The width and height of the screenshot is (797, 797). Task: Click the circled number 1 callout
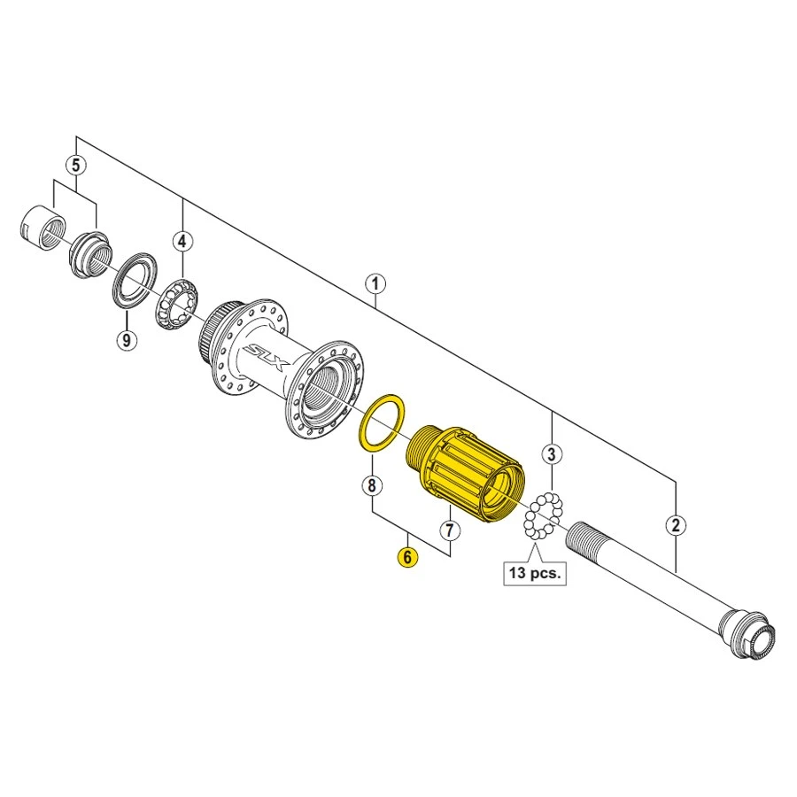pyautogui.click(x=375, y=284)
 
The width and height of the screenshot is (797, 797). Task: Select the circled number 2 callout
pyautogui.click(x=676, y=526)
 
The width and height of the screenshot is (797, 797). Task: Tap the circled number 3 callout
pyautogui.click(x=552, y=456)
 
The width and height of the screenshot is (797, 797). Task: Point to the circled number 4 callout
pyautogui.click(x=182, y=240)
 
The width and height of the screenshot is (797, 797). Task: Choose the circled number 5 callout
pyautogui.click(x=77, y=165)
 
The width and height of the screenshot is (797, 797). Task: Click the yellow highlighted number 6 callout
pyautogui.click(x=407, y=557)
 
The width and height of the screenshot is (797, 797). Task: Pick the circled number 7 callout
pyautogui.click(x=450, y=530)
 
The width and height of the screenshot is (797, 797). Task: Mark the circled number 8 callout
pyautogui.click(x=372, y=485)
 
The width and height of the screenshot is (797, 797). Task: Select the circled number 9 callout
pyautogui.click(x=127, y=339)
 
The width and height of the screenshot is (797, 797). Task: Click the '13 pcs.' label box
pyautogui.click(x=535, y=572)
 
